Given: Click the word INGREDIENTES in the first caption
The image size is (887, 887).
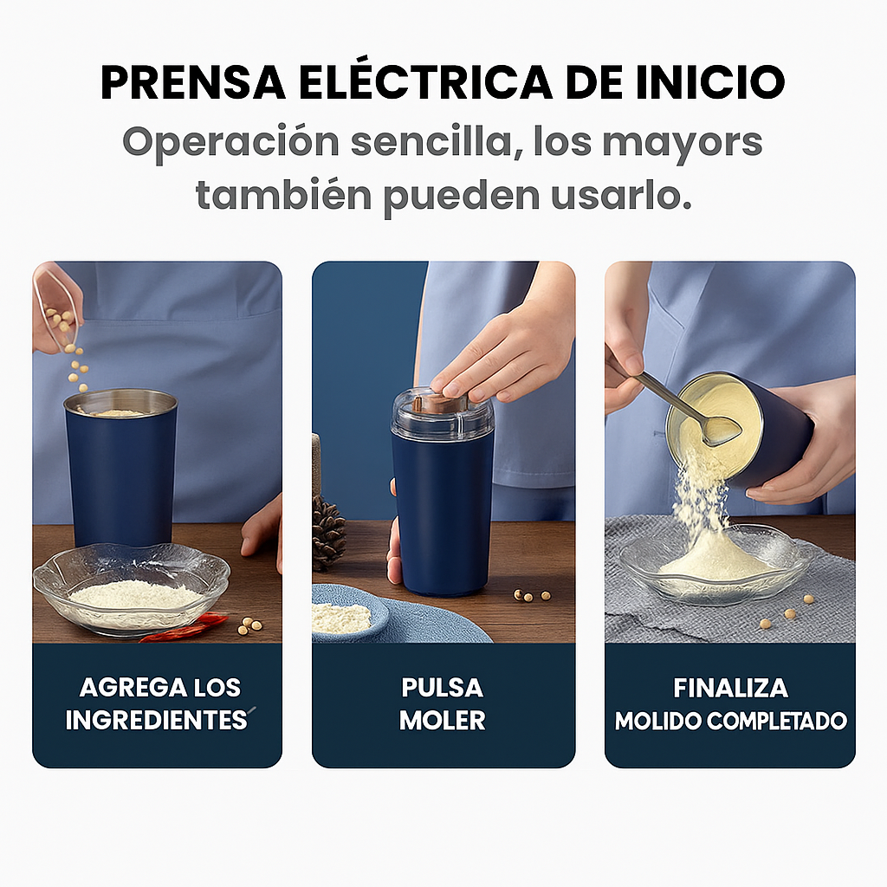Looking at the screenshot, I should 157,721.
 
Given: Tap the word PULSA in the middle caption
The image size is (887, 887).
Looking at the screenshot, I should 443,688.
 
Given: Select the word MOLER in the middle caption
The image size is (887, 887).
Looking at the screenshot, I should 443,721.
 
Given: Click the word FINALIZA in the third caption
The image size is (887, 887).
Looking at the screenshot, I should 730,688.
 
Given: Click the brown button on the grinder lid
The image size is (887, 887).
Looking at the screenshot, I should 438,402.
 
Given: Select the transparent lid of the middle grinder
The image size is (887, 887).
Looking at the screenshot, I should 442,417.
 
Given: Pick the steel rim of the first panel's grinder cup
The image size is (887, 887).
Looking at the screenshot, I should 120,399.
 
